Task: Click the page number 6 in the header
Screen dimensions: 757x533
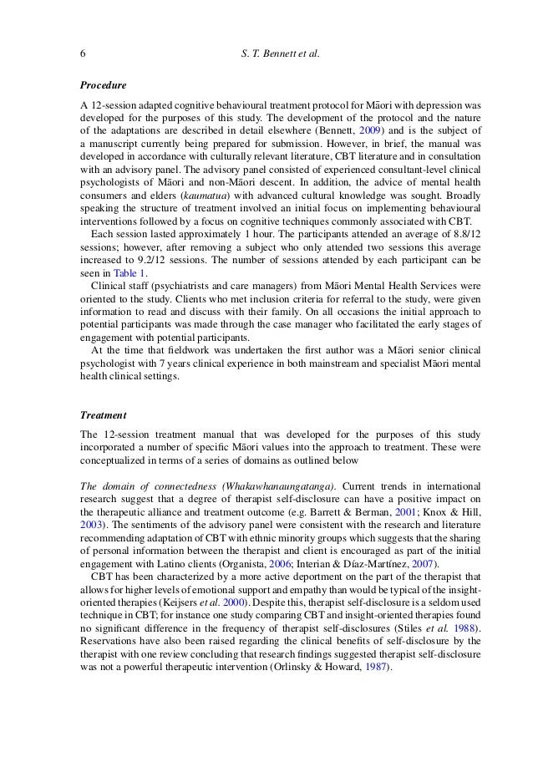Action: point(83,54)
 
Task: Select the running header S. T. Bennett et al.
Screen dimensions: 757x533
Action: point(279,54)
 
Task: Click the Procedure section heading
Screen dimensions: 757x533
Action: point(103,85)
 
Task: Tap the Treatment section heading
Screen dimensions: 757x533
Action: point(104,414)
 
